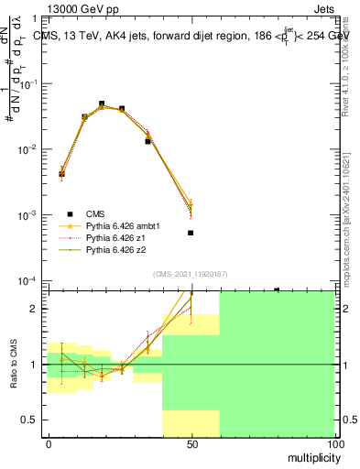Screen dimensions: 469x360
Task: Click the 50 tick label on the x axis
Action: coord(191,444)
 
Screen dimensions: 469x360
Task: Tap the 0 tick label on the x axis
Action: coord(48,444)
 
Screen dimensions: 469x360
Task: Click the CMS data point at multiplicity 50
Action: coord(191,233)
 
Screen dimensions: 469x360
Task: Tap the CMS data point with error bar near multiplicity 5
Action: coord(61,173)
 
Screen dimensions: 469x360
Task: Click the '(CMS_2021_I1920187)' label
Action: coord(191,273)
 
